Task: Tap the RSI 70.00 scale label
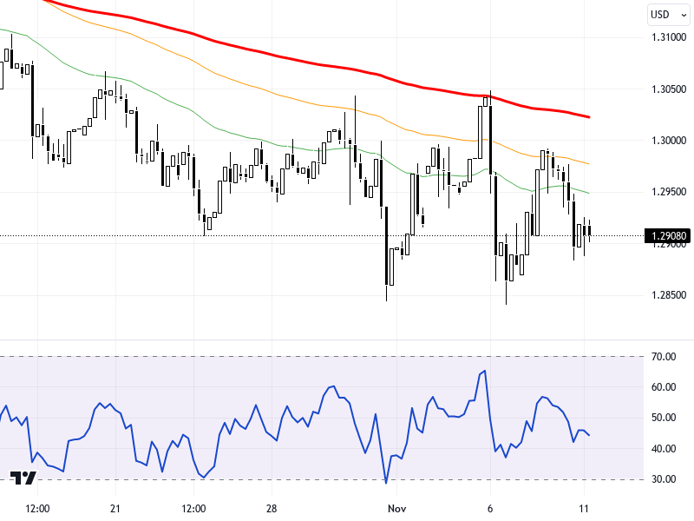point(665,356)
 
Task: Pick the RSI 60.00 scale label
point(665,387)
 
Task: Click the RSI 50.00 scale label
point(665,418)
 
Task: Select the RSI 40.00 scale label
point(665,449)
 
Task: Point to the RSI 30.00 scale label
point(665,479)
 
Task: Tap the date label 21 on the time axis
point(115,508)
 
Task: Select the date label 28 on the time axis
point(272,508)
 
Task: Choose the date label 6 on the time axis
point(490,508)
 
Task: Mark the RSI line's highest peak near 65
point(485,371)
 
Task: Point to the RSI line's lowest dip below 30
point(386,482)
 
